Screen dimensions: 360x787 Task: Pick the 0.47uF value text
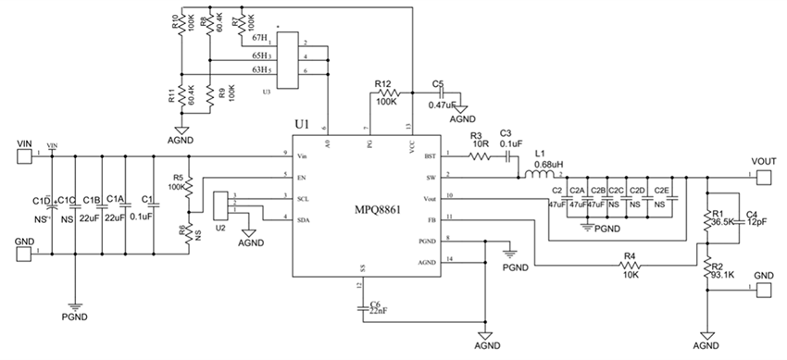pos(439,105)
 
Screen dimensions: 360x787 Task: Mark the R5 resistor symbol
pos(189,185)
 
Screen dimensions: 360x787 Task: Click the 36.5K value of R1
pos(725,223)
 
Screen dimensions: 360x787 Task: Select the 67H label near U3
pos(259,38)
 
